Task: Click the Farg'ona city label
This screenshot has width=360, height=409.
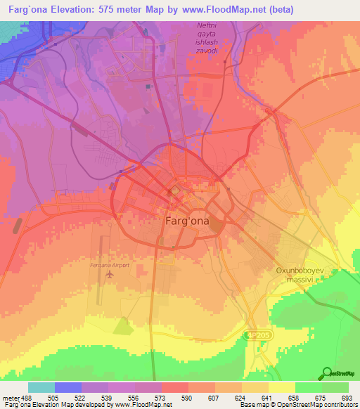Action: [x=186, y=220]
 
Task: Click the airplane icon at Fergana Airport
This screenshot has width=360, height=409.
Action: [x=109, y=274]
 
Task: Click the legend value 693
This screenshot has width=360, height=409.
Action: [x=347, y=398]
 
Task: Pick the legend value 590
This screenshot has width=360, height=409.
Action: [x=188, y=398]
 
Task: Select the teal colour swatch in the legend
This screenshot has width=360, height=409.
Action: [x=41, y=387]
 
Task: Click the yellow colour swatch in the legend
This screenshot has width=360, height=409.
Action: [x=281, y=387]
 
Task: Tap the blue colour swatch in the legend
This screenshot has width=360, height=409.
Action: [x=68, y=387]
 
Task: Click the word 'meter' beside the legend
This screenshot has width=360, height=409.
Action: [x=11, y=398]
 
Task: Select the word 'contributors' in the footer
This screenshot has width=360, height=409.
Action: [x=337, y=405]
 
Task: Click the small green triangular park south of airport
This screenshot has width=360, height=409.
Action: [x=122, y=325]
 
